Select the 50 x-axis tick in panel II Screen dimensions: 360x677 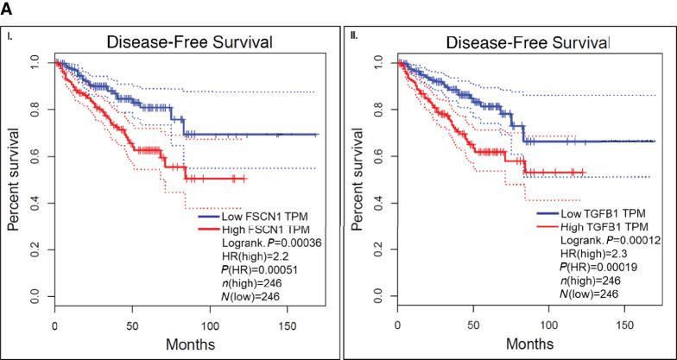pos(472,327)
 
